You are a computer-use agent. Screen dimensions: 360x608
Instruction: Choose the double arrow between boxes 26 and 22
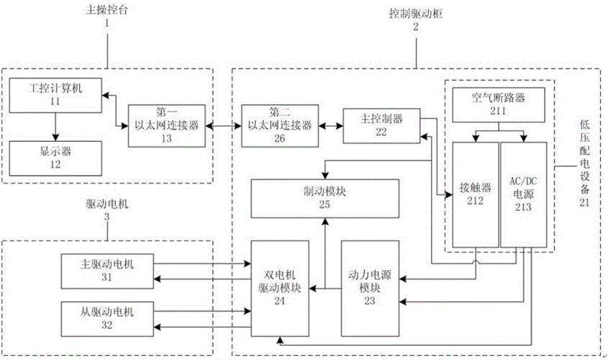click(328, 122)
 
